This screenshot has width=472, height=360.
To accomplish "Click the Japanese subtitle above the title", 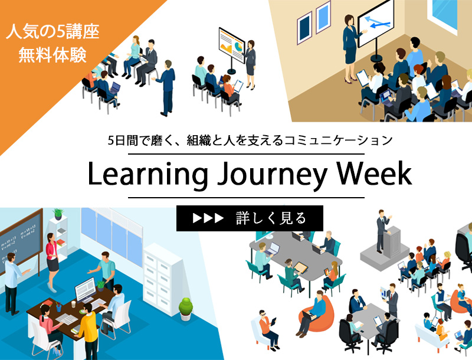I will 251,140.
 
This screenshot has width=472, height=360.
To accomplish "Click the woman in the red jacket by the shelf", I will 51,252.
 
